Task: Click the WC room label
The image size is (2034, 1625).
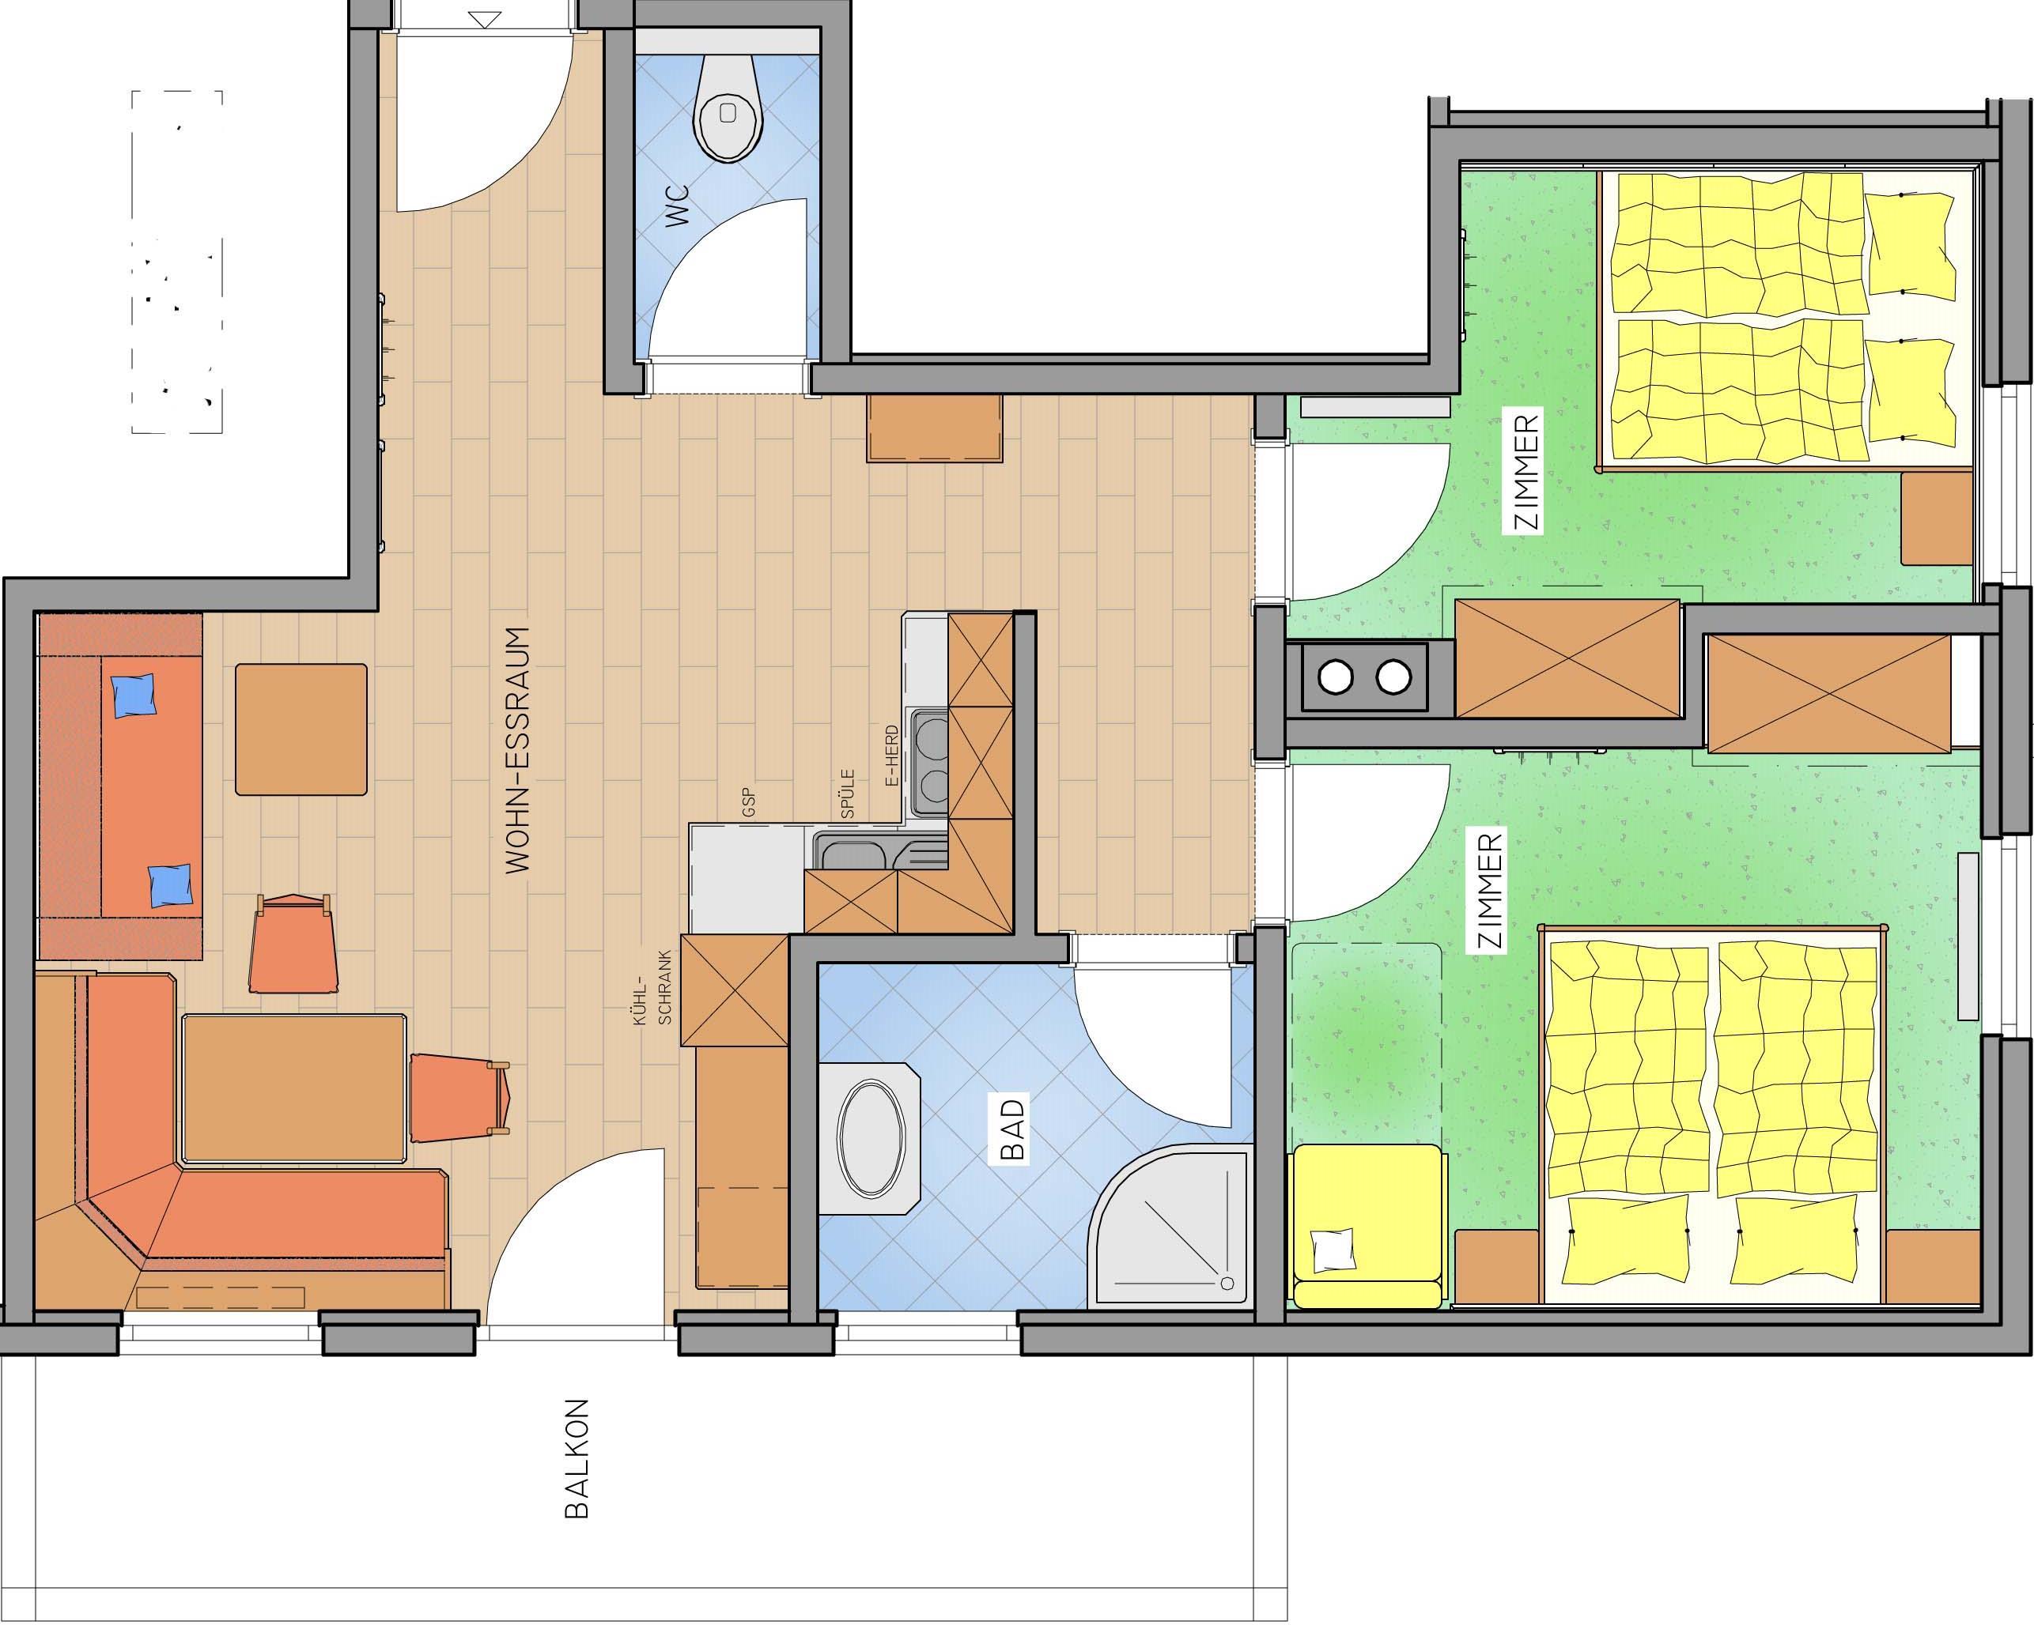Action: click(678, 205)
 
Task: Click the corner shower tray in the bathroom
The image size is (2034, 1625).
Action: click(1170, 1225)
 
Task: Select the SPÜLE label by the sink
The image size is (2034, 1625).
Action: click(847, 794)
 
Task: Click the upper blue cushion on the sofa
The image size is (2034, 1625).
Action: click(133, 696)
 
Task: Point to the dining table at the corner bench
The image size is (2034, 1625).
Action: click(294, 1088)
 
